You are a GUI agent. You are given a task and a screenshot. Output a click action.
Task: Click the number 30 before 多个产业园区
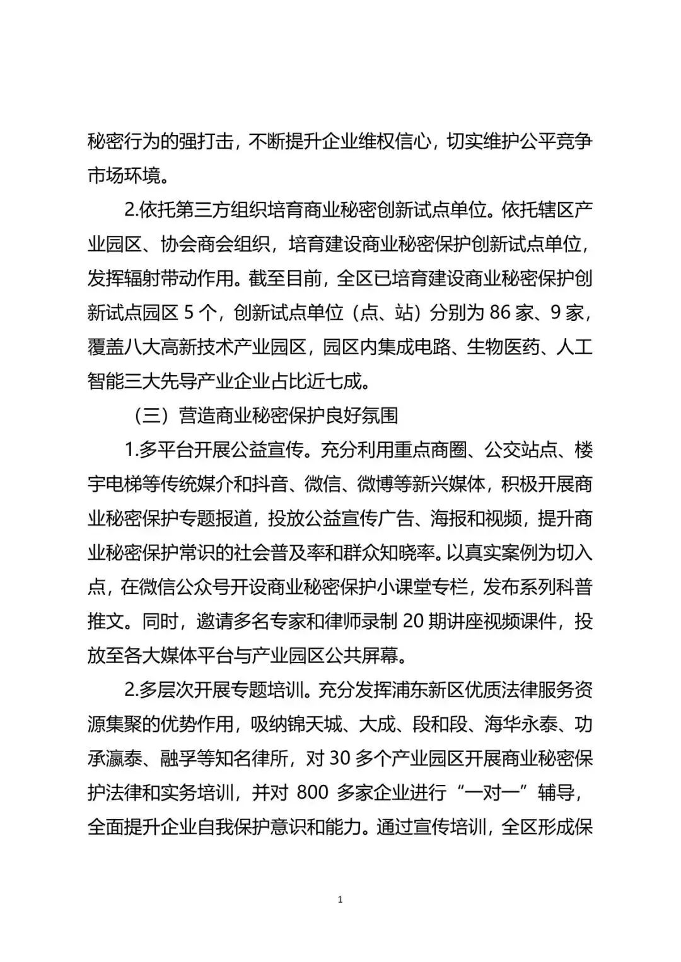click(x=340, y=758)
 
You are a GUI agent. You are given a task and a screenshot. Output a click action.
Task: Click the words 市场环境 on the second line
click(x=124, y=175)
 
